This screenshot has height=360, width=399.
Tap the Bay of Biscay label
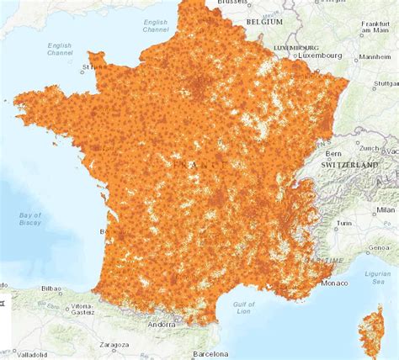click(x=30, y=220)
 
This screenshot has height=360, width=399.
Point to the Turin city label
click(x=343, y=224)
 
